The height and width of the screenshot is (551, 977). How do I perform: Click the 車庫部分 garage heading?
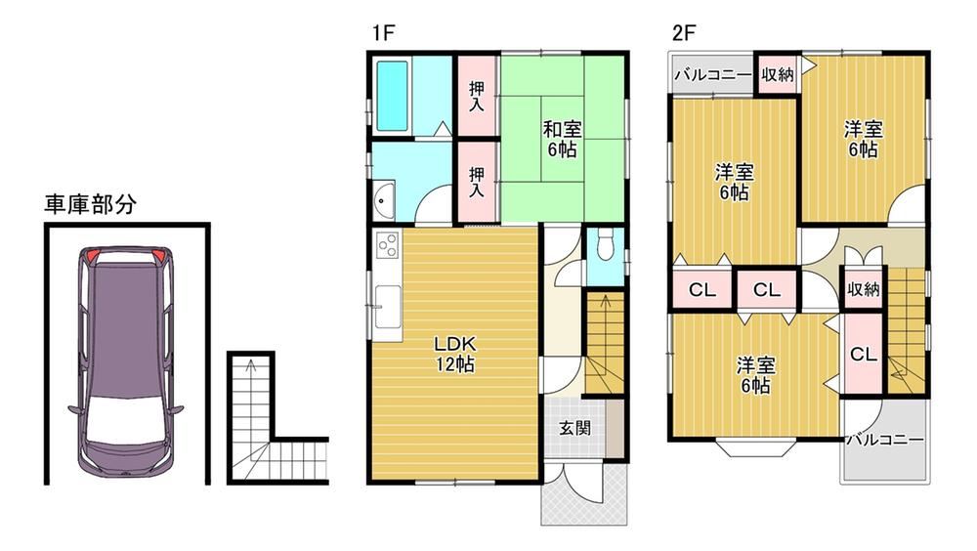point(90,204)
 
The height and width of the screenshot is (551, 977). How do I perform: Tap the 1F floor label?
point(383,32)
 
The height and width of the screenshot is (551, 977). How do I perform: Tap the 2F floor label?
point(683,32)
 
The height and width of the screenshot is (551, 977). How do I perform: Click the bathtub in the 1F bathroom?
point(392,96)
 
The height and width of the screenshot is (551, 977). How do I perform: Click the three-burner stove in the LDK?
point(387,243)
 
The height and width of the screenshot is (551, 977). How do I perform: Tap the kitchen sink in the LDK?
point(388,306)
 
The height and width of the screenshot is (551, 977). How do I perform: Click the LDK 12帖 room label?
point(455,354)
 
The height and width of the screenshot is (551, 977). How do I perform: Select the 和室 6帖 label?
point(562,139)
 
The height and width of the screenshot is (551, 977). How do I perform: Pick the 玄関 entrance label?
point(573,428)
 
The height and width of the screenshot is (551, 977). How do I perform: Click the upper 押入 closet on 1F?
point(477,96)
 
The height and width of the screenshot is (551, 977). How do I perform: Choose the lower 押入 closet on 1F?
point(477,182)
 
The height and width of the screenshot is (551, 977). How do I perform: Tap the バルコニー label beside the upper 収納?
point(713,75)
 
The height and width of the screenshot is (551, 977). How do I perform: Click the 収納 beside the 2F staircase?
point(863,288)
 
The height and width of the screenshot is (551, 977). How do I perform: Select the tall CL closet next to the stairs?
point(863,354)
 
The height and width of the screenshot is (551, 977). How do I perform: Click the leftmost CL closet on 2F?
point(702,290)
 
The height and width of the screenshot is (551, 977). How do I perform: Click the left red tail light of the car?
point(92,255)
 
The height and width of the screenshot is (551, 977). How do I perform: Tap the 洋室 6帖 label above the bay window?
point(755,374)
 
